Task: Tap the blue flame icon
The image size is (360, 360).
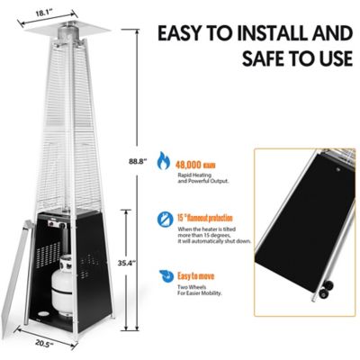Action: pyautogui.click(x=163, y=161)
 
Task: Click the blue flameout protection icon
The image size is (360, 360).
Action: pyautogui.click(x=163, y=219)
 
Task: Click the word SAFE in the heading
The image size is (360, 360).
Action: pyautogui.click(x=248, y=62)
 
